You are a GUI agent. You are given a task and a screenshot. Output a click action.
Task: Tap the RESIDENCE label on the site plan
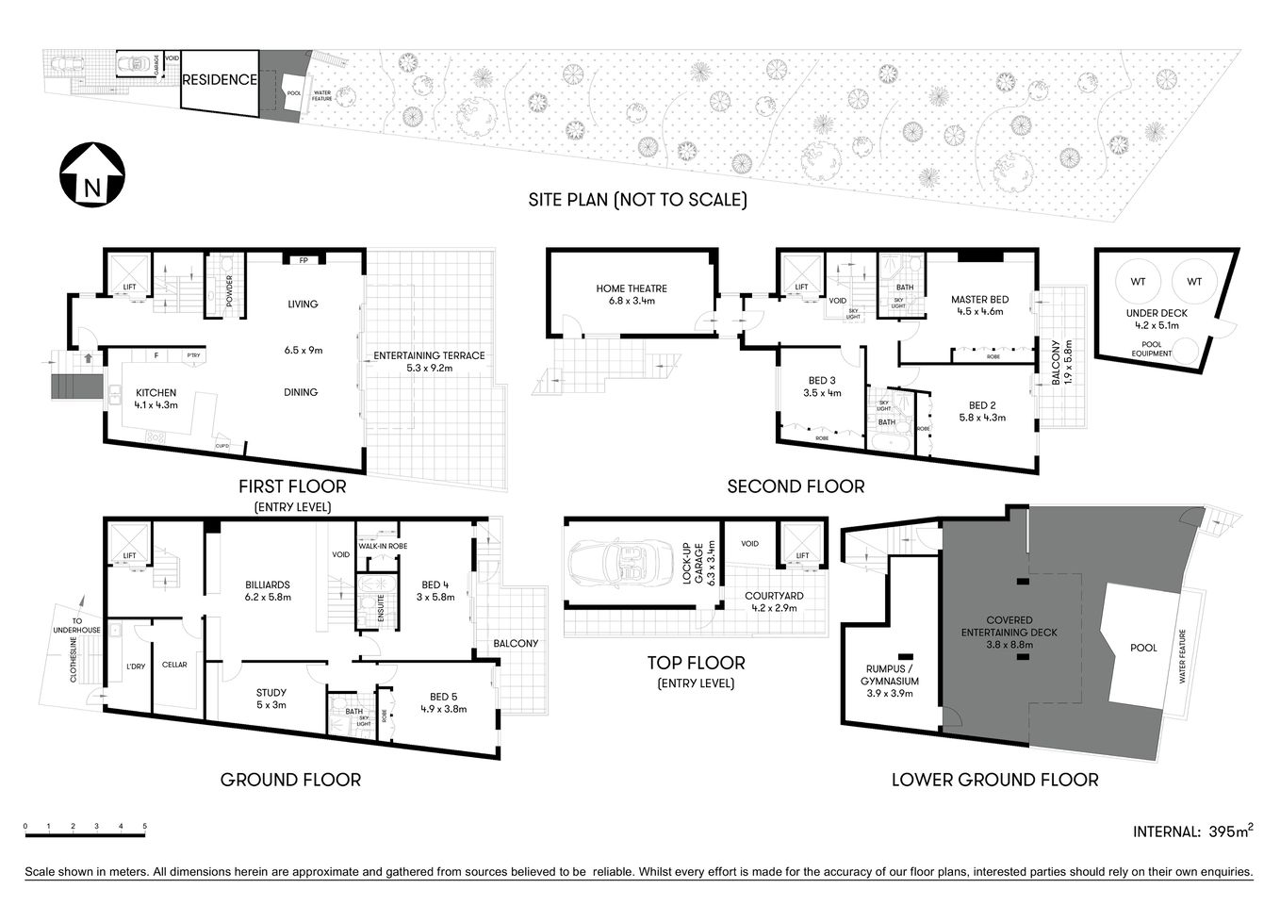click(x=219, y=80)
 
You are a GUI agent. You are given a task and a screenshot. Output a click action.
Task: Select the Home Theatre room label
click(x=632, y=295)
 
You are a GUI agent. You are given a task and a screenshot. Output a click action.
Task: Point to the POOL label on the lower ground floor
click(x=1143, y=649)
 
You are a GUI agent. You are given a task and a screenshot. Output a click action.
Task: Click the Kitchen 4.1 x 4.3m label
click(x=156, y=399)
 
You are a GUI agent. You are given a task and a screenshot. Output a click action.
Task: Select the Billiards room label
click(x=268, y=590)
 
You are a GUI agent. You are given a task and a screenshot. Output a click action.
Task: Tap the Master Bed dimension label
click(x=979, y=305)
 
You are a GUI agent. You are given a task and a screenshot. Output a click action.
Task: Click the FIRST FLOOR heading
click(x=292, y=486)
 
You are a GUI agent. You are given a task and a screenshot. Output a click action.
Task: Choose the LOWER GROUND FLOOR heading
click(x=994, y=780)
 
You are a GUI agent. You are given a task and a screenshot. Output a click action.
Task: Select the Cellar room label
click(x=174, y=665)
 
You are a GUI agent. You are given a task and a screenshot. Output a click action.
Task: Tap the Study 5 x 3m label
click(x=271, y=699)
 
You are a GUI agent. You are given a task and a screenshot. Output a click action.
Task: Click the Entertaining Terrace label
click(x=429, y=361)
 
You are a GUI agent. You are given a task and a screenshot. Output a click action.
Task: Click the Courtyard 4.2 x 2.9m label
click(x=773, y=601)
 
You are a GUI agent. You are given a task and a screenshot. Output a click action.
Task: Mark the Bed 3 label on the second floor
click(x=820, y=387)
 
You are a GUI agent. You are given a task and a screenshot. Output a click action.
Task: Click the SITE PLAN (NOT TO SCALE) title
click(x=637, y=200)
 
